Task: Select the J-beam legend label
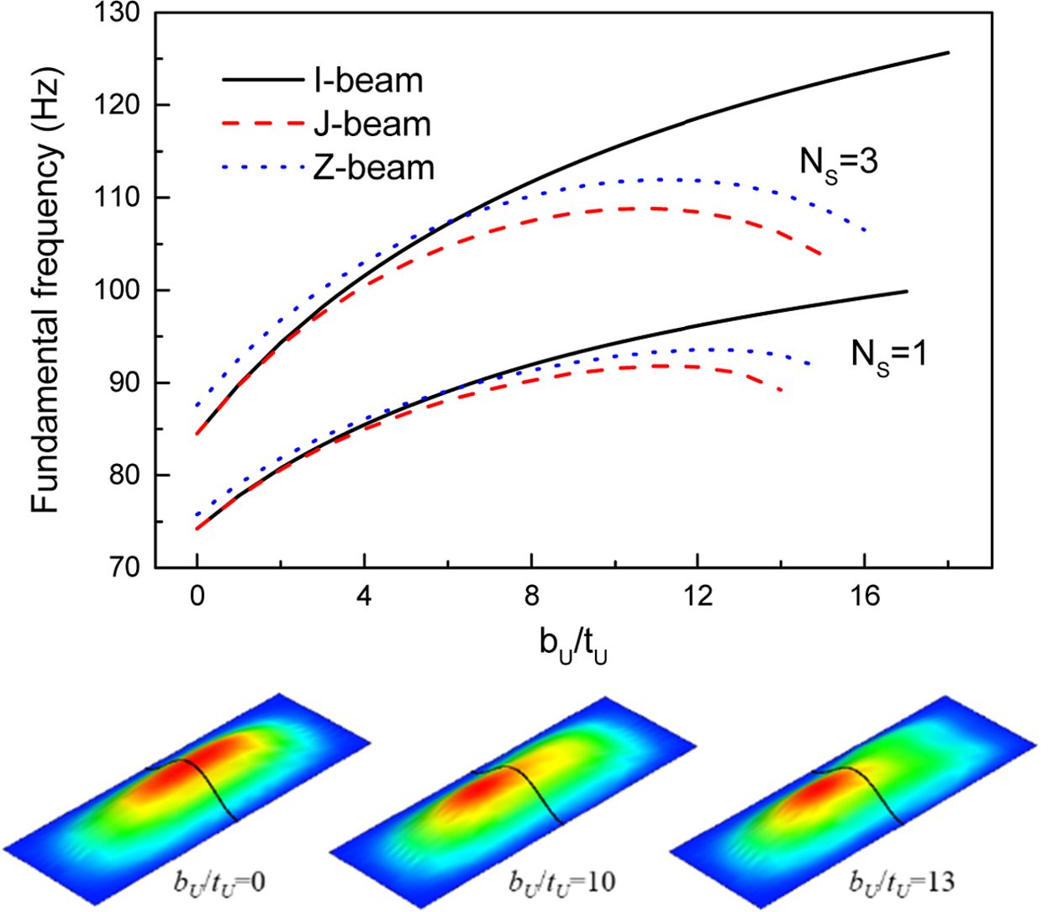tap(372, 124)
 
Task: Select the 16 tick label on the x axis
tap(865, 595)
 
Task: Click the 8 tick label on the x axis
tap(531, 595)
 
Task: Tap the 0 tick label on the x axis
tap(197, 595)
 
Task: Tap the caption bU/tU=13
tap(901, 882)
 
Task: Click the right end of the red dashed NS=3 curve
tap(821, 254)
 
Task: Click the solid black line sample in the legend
tap(262, 81)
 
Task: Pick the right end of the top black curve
tap(948, 53)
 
